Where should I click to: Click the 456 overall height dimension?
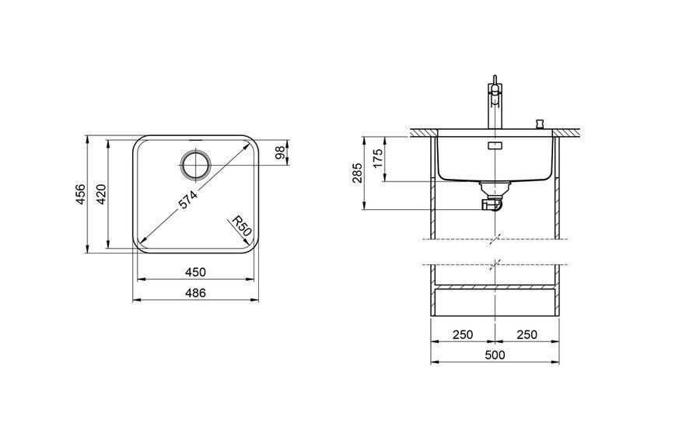pyautogui.click(x=80, y=194)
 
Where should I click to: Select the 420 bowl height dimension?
pyautogui.click(x=101, y=194)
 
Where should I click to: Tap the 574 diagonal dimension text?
pyautogui.click(x=188, y=200)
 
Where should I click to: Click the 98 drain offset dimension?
pyautogui.click(x=280, y=152)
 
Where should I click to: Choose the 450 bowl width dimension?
pyautogui.click(x=195, y=272)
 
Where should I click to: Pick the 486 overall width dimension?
pyautogui.click(x=195, y=293)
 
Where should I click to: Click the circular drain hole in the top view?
pyautogui.click(x=195, y=165)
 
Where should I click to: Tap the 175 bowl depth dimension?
pyautogui.click(x=378, y=159)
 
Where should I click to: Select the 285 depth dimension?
pyautogui.click(x=357, y=173)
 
